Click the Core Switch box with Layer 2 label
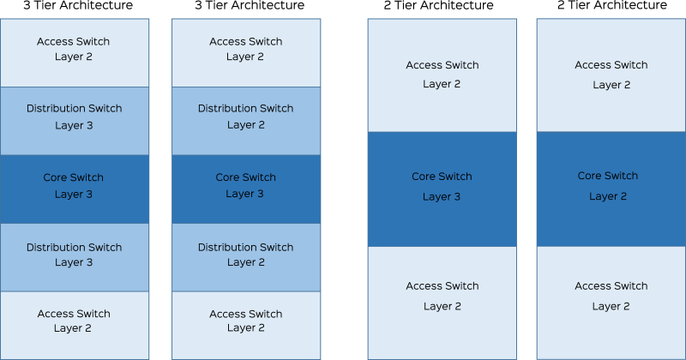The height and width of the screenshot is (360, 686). click(611, 189)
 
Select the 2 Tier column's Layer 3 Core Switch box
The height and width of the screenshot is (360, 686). click(442, 189)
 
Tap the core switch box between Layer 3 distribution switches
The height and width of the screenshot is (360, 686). click(75, 189)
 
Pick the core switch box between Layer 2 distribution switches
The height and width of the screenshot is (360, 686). click(246, 189)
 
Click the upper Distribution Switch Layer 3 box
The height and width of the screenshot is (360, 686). click(75, 121)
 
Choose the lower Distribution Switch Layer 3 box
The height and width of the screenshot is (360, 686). click(75, 257)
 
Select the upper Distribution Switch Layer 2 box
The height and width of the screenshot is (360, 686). click(246, 121)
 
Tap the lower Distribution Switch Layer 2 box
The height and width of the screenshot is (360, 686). click(246, 257)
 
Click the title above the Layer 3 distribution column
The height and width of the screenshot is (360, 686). click(78, 5)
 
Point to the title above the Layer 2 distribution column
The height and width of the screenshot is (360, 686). click(250, 5)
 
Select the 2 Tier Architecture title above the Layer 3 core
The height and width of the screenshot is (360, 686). click(438, 5)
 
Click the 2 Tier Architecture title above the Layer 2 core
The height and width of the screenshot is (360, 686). click(612, 5)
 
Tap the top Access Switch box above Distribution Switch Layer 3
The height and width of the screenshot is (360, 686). click(75, 52)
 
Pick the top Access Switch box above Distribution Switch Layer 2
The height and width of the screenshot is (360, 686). click(246, 52)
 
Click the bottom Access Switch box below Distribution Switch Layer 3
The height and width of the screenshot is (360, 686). click(75, 326)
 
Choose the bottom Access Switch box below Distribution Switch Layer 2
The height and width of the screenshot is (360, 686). click(246, 326)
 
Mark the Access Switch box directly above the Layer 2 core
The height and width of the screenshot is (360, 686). click(611, 75)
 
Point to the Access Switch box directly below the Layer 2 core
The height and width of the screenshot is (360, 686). click(611, 303)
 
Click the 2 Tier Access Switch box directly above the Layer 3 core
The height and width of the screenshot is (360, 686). click(442, 75)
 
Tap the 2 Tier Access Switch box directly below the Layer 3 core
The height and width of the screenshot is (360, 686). click(442, 303)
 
